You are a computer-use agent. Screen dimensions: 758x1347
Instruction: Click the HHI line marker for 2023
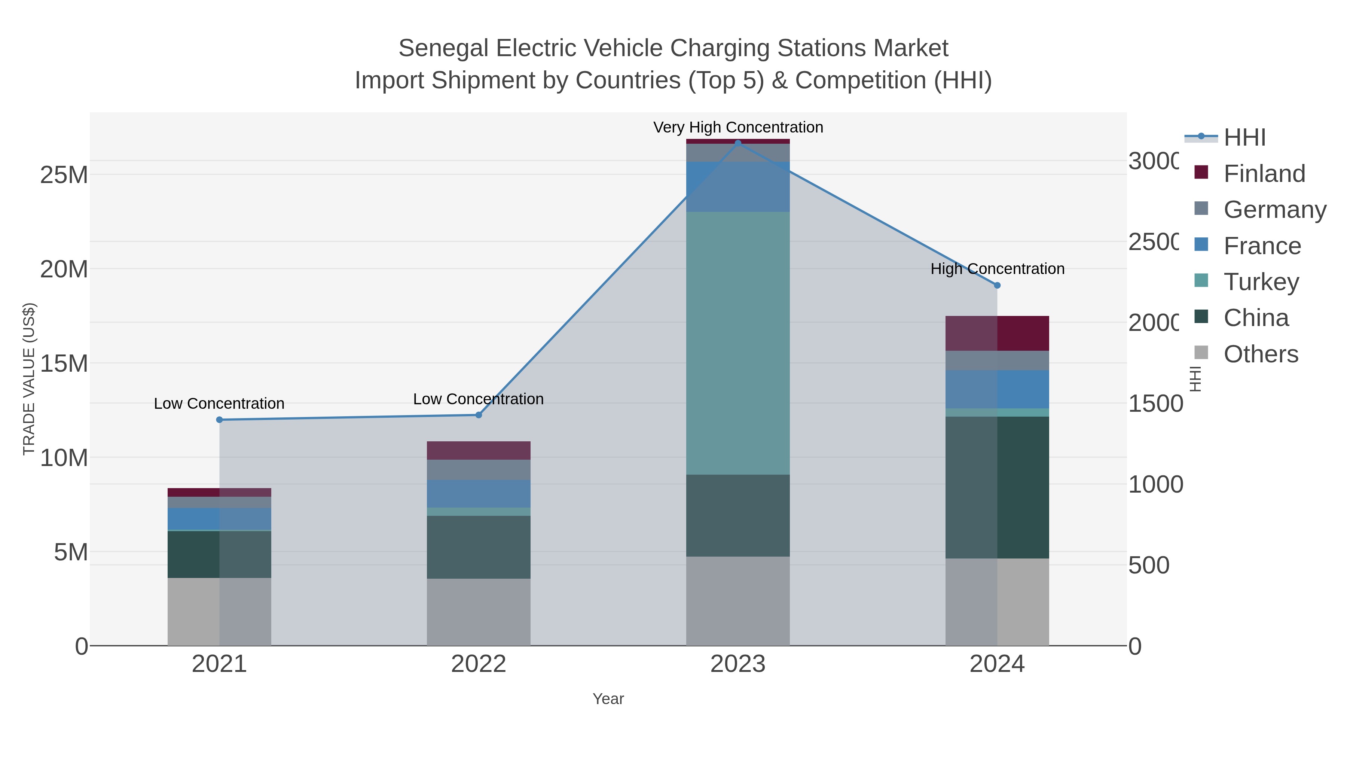738,143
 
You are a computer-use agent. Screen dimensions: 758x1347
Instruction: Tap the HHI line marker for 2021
220,420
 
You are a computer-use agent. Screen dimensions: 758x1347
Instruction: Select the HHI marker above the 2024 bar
997,286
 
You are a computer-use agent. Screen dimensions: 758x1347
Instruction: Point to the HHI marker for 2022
479,415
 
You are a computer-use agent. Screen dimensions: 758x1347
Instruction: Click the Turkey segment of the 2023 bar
738,343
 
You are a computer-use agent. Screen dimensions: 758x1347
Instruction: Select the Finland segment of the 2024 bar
997,333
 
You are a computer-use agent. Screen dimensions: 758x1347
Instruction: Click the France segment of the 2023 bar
738,187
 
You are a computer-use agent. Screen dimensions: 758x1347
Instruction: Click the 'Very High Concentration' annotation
738,128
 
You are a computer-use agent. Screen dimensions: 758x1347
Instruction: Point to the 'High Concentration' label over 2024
997,269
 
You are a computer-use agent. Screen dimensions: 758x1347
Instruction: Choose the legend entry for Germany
1274,209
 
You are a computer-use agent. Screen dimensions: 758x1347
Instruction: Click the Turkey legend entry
1261,281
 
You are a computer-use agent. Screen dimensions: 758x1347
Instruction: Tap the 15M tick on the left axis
64,363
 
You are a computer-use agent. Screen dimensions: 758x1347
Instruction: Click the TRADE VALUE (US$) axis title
29,379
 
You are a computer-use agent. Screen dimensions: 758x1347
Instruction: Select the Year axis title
608,699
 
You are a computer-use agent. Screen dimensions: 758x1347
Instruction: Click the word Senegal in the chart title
443,48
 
